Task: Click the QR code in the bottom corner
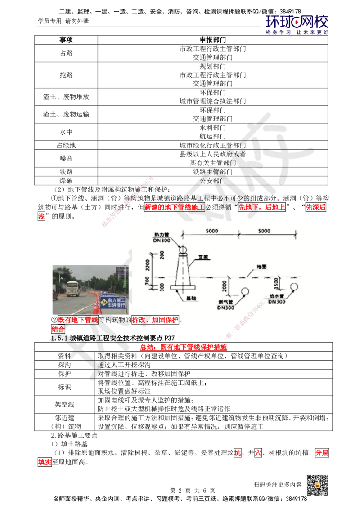(316, 485)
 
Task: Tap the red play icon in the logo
(296, 21)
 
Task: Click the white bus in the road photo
(73, 289)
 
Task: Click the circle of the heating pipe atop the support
(184, 249)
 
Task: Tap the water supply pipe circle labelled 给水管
(294, 287)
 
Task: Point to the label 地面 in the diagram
(261, 267)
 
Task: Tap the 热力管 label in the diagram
(161, 235)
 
